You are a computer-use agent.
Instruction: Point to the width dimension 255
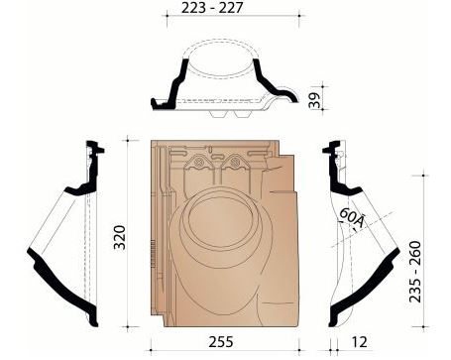(224, 340)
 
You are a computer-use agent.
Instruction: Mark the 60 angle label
(349, 219)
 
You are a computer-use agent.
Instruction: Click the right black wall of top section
(263, 79)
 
